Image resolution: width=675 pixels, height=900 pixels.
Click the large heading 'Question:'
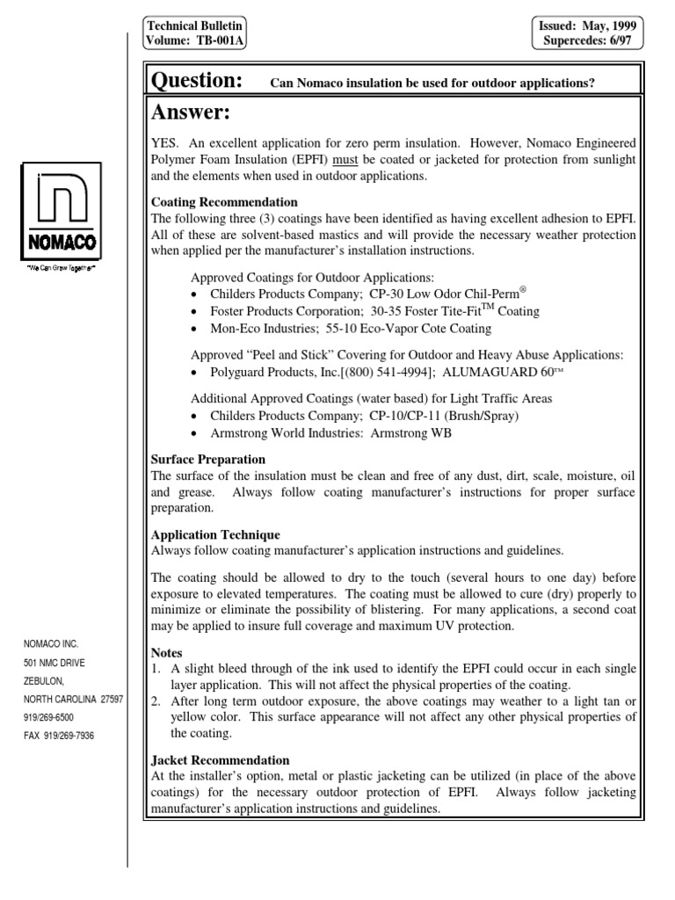[198, 82]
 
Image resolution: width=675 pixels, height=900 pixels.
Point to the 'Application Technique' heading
[216, 534]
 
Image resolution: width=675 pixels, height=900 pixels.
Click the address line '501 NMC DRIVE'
[54, 662]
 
